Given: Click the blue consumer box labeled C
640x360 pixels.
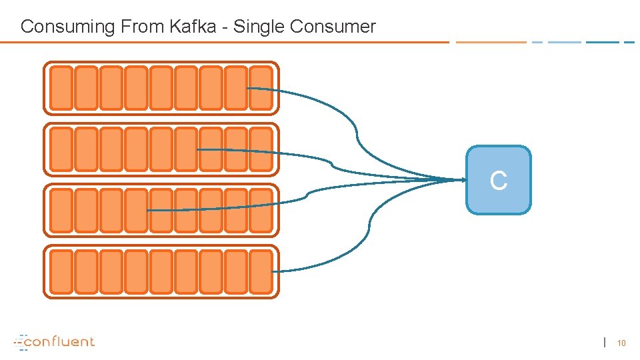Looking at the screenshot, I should pos(499,180).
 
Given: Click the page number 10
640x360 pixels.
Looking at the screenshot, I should pos(621,343).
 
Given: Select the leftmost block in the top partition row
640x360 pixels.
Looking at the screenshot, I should pos(61,88).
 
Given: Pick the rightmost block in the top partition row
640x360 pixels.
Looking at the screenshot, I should pos(261,88).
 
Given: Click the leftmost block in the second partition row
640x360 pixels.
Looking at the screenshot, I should pos(61,149).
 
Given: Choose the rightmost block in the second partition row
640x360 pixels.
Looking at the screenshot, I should pos(261,149).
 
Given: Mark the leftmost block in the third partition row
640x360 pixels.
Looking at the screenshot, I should pos(61,210).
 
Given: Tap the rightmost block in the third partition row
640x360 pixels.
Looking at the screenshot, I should pos(261,210).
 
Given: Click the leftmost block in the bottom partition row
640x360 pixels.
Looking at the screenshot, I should pos(61,271).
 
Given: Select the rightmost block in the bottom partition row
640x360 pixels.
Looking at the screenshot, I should pos(261,271).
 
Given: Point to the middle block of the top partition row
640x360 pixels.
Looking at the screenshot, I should pos(161,88).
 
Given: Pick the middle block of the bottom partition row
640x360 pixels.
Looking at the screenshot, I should pos(161,271).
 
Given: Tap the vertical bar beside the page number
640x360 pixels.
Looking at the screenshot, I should pos(605,343).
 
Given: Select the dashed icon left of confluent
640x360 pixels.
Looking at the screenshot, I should pos(20,341).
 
